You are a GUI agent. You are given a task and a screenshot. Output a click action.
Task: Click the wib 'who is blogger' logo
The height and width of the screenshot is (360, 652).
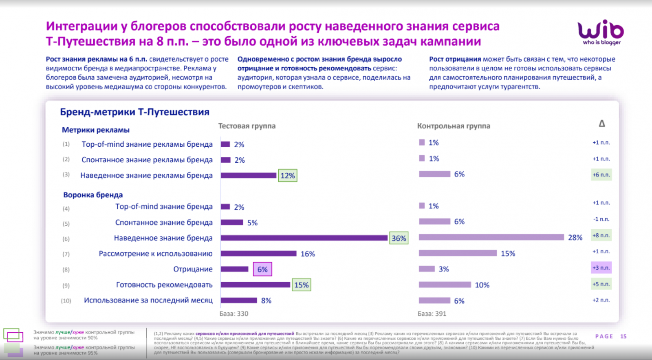601,32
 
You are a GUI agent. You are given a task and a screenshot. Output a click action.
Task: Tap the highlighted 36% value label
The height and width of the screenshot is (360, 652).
399,239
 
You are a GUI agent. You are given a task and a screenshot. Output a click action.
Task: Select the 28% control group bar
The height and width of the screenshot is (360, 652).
491,237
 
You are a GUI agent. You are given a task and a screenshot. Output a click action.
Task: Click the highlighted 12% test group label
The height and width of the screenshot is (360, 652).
287,176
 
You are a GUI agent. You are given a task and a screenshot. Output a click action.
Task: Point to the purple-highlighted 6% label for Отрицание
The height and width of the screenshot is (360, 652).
262,269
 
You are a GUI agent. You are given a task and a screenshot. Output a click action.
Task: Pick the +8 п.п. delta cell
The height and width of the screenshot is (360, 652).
601,236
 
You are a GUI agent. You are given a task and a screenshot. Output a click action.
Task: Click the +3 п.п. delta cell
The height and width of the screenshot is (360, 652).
601,268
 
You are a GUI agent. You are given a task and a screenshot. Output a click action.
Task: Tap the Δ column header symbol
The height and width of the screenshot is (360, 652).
601,124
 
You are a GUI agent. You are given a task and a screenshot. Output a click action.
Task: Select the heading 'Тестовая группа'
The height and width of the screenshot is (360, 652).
247,126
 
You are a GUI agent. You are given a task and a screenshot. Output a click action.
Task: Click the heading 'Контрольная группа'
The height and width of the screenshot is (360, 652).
453,126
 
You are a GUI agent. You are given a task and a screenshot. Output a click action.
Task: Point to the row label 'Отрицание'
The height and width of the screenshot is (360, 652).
193,269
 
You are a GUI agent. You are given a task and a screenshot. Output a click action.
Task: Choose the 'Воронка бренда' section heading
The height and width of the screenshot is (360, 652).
93,195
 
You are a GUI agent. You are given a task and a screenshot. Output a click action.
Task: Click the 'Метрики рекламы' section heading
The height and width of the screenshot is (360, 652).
96,130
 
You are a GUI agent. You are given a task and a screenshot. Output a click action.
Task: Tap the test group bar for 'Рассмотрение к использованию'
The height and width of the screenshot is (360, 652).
258,254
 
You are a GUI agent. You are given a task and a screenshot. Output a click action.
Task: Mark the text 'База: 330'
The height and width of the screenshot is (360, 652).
234,314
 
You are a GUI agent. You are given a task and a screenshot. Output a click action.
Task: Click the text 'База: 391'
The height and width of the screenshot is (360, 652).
432,314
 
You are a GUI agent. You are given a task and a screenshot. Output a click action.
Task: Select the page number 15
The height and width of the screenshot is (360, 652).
623,336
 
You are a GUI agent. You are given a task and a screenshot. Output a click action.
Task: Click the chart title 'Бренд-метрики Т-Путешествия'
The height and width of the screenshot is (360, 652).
134,112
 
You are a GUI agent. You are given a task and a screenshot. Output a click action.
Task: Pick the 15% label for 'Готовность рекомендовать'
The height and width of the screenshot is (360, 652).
302,285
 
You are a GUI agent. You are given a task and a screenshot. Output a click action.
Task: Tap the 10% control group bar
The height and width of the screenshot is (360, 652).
445,285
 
